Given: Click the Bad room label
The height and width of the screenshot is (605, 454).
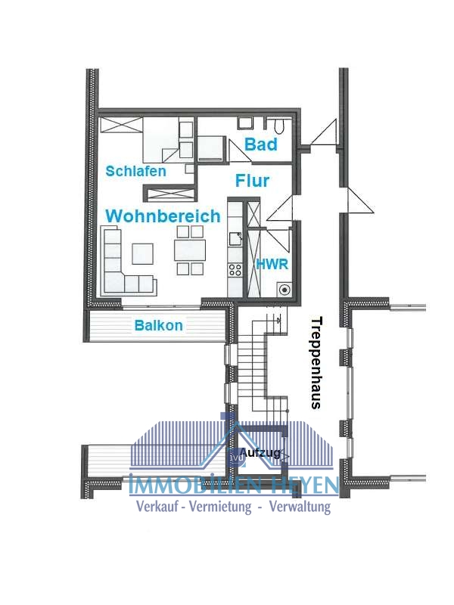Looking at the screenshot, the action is pyautogui.click(x=261, y=144).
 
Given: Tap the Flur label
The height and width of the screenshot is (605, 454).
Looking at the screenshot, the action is pyautogui.click(x=253, y=181).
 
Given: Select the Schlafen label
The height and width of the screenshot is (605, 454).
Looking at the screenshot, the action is pyautogui.click(x=136, y=171).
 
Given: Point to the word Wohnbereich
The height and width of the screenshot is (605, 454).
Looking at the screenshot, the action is pyautogui.click(x=163, y=216).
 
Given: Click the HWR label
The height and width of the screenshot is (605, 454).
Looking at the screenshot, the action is pyautogui.click(x=272, y=264).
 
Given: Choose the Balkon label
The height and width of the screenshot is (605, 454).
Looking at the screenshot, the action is pyautogui.click(x=159, y=325).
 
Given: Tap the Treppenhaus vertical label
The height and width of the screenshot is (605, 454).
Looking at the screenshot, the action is pyautogui.click(x=316, y=363).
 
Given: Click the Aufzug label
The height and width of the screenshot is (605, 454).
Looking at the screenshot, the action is pyautogui.click(x=260, y=452).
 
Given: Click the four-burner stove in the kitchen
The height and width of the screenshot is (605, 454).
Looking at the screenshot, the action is pyautogui.click(x=235, y=269).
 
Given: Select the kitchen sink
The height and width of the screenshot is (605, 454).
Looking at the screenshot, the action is pyautogui.click(x=235, y=239).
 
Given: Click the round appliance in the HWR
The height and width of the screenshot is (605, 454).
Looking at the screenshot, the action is pyautogui.click(x=285, y=290).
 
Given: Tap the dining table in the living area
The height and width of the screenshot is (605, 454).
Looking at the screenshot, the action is pyautogui.click(x=190, y=250).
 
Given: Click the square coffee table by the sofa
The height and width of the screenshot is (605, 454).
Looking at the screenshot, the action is pyautogui.click(x=142, y=253).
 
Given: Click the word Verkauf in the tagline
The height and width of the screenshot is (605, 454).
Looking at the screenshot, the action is pyautogui.click(x=158, y=506).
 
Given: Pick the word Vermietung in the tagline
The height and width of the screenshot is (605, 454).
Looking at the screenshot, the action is pyautogui.click(x=220, y=506).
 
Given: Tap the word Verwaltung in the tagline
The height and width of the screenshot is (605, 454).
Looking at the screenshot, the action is pyautogui.click(x=300, y=506).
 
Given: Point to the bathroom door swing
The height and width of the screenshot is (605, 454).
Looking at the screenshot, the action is pyautogui.click(x=238, y=150).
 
